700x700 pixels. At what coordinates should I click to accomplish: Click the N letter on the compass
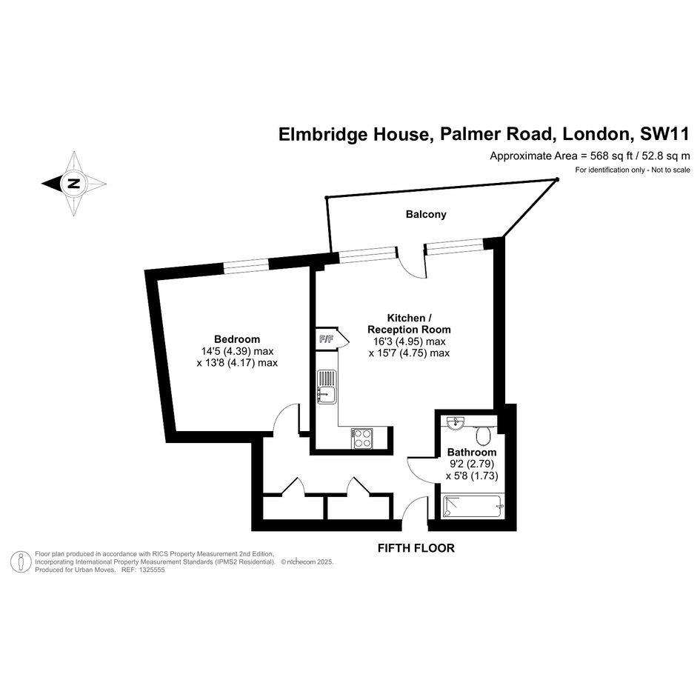(73, 184)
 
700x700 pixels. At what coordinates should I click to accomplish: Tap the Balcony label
(426, 214)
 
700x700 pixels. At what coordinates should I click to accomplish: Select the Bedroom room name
(237, 339)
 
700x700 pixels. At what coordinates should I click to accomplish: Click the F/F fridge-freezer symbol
(327, 339)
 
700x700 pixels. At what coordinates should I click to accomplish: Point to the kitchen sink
(327, 387)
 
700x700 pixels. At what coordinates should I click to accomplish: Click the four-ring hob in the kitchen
(361, 438)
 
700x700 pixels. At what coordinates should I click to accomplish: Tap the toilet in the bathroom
(483, 436)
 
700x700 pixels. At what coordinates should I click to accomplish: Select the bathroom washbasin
(455, 422)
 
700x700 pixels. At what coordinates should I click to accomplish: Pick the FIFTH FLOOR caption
(416, 547)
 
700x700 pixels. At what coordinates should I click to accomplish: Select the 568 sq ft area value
(612, 156)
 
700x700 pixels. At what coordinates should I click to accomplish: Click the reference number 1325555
(152, 570)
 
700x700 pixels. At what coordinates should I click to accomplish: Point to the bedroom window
(245, 266)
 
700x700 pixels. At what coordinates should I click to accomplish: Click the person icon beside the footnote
(21, 561)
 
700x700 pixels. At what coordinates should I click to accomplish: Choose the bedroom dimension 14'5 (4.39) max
(238, 351)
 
